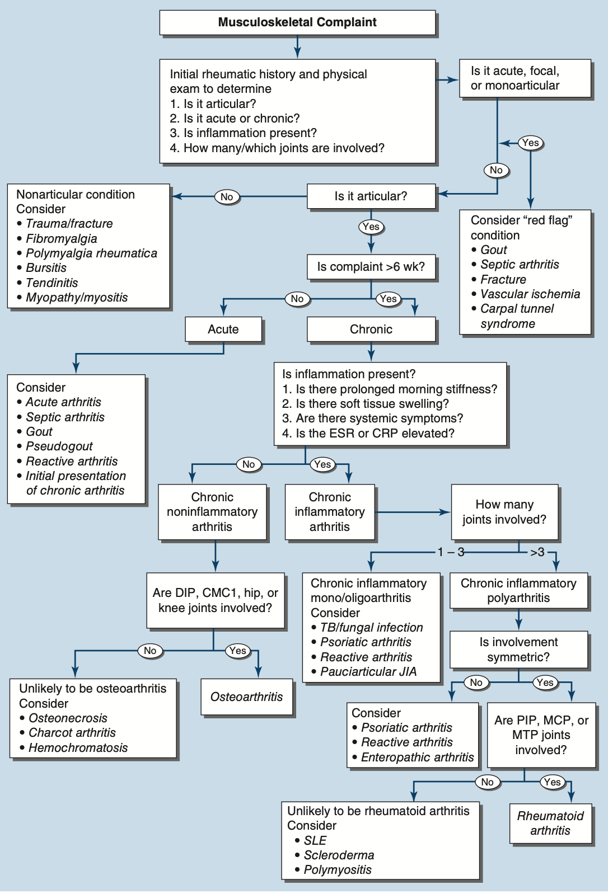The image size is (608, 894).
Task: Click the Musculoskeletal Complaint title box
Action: tap(297, 22)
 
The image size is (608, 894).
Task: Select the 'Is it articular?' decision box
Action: tap(371, 196)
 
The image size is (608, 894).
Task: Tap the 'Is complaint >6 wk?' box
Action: tap(371, 267)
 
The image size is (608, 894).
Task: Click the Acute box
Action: tap(223, 330)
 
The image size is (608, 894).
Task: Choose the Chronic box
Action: tap(371, 330)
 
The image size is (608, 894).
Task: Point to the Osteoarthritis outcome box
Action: tap(247, 697)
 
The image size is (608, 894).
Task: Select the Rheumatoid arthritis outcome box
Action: tap(550, 823)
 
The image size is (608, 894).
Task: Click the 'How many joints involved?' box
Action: tap(504, 512)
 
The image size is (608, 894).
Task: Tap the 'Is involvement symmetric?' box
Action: tap(518, 650)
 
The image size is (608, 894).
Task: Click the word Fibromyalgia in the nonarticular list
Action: tap(62, 238)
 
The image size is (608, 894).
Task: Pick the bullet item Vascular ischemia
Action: tap(530, 294)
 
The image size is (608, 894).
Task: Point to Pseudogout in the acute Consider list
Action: tap(59, 446)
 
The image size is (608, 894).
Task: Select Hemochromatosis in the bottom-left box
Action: tap(78, 747)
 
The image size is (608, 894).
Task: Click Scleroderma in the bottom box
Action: tap(339, 855)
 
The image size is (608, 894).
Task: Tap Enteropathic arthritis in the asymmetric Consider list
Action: tap(418, 757)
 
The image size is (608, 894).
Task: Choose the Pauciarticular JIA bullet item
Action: tap(368, 671)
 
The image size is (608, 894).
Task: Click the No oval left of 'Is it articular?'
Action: tap(227, 196)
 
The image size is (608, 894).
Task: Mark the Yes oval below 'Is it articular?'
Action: tap(371, 227)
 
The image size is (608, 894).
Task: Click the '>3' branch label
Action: tap(537, 552)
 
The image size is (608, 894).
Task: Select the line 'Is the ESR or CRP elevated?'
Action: tap(369, 433)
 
